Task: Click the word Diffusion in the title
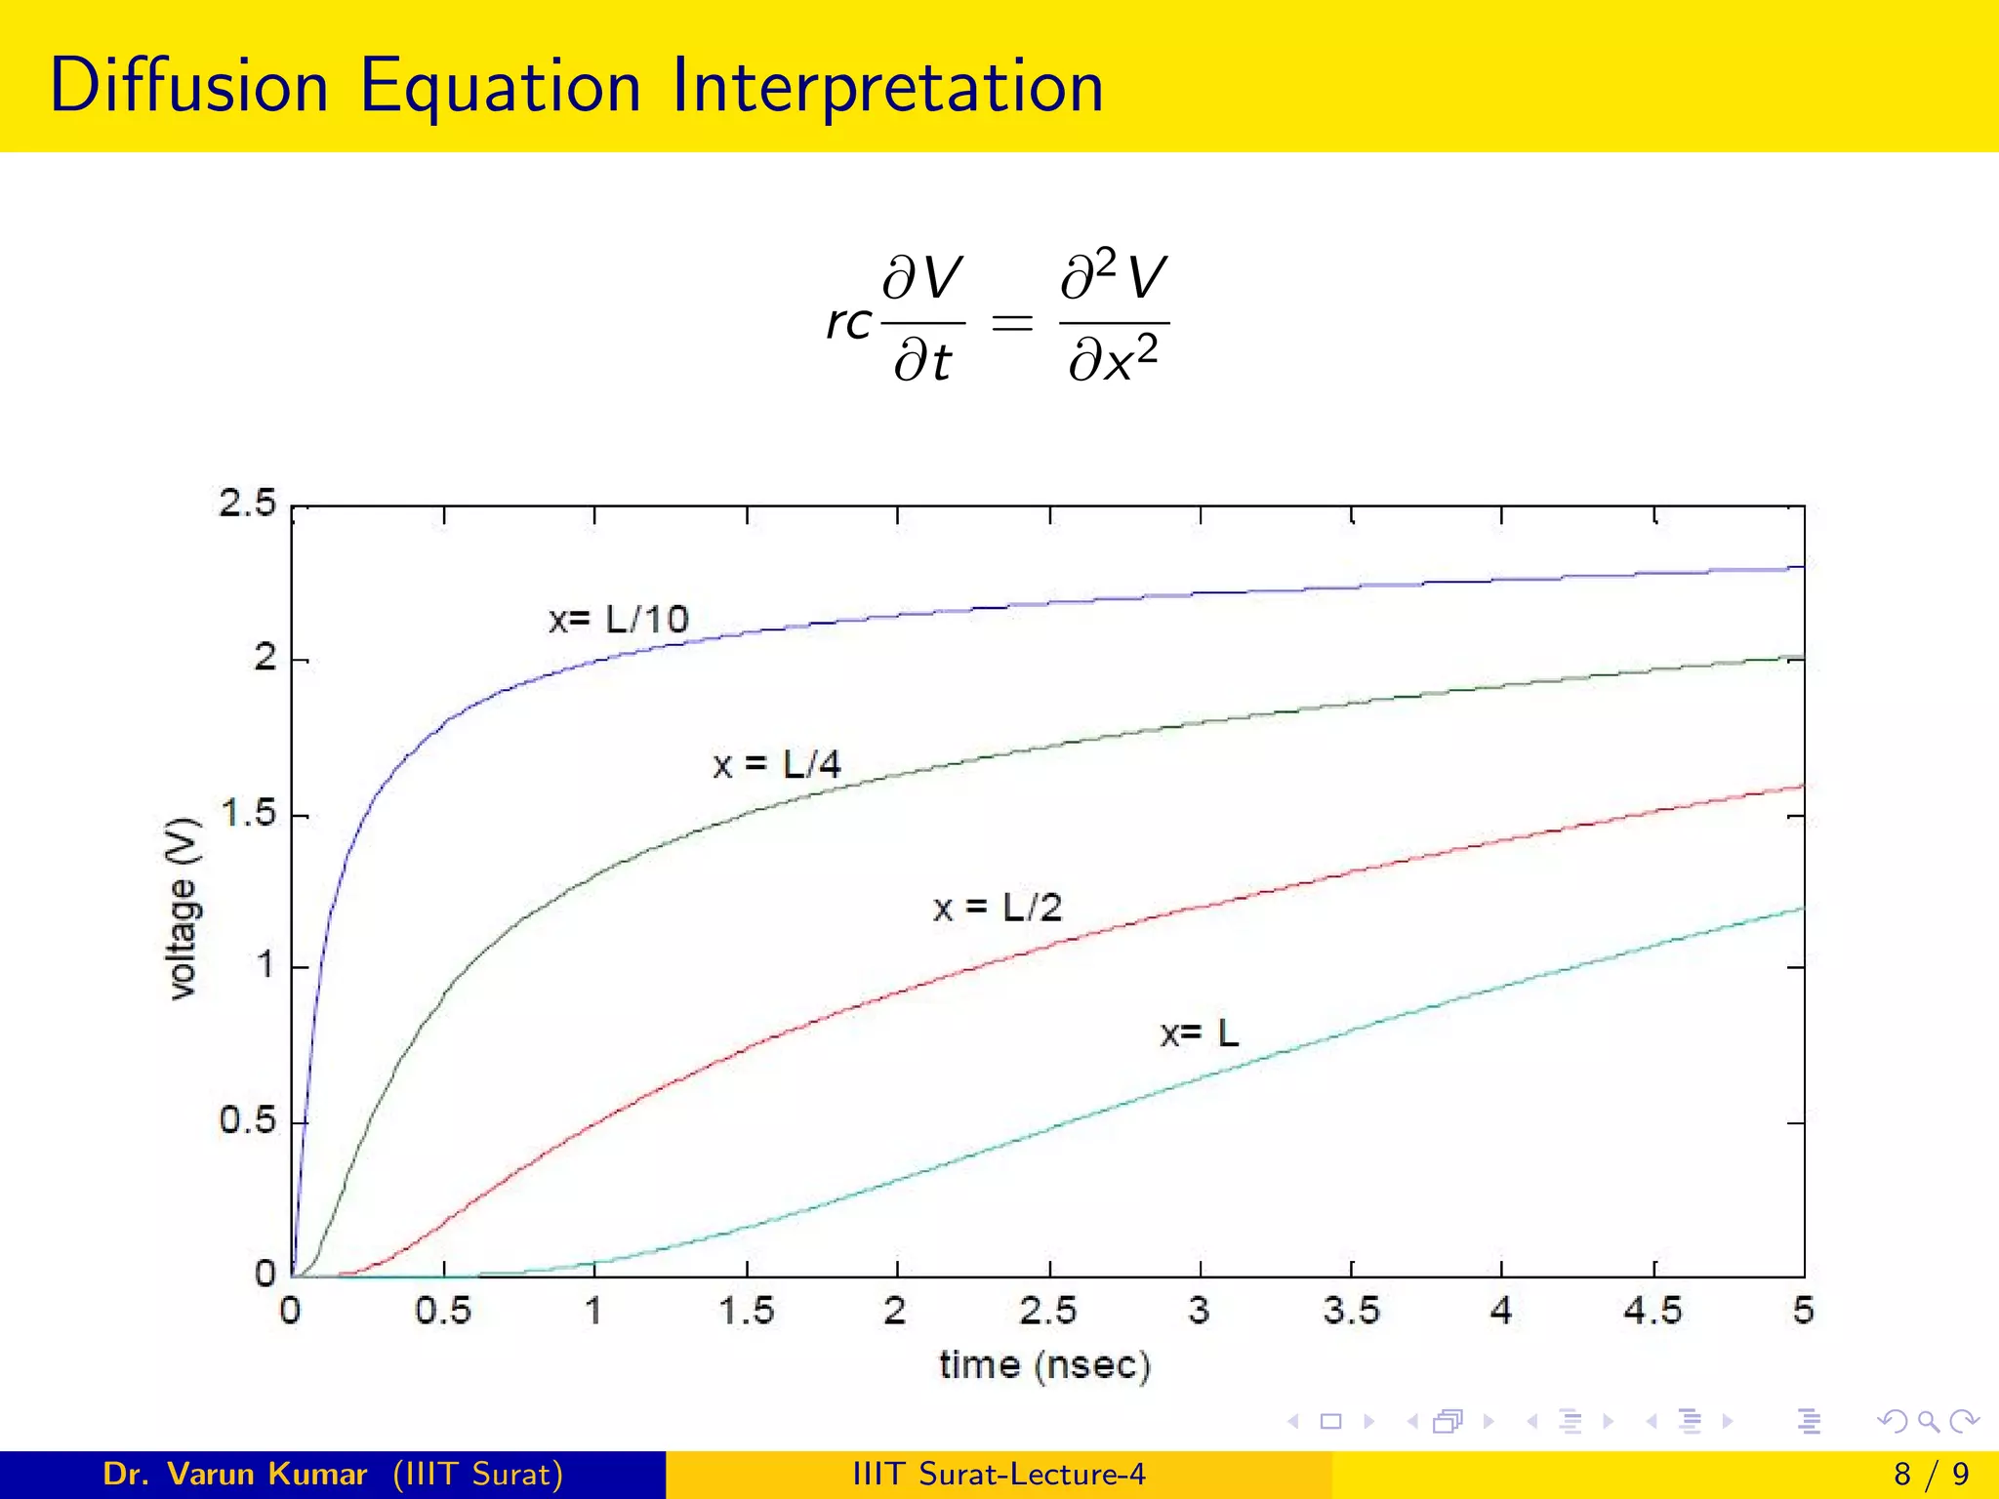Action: tap(188, 86)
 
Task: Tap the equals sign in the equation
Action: tap(1011, 322)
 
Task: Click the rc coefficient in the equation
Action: tap(848, 322)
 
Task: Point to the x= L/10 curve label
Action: tap(619, 620)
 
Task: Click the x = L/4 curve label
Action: tap(777, 764)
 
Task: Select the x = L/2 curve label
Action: tap(997, 909)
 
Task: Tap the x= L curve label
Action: tap(1199, 1033)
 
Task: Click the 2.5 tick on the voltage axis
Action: tap(248, 504)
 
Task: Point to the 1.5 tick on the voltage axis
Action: tap(248, 813)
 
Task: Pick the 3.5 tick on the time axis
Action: tap(1351, 1311)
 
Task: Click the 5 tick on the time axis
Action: tap(1803, 1311)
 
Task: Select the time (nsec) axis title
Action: tap(1044, 1364)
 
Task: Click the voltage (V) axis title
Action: tap(183, 909)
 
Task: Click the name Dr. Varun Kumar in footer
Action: tap(234, 1474)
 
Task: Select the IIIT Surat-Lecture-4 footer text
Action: tap(999, 1474)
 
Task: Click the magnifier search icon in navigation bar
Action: tap(1927, 1421)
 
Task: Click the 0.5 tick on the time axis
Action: tap(443, 1311)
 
